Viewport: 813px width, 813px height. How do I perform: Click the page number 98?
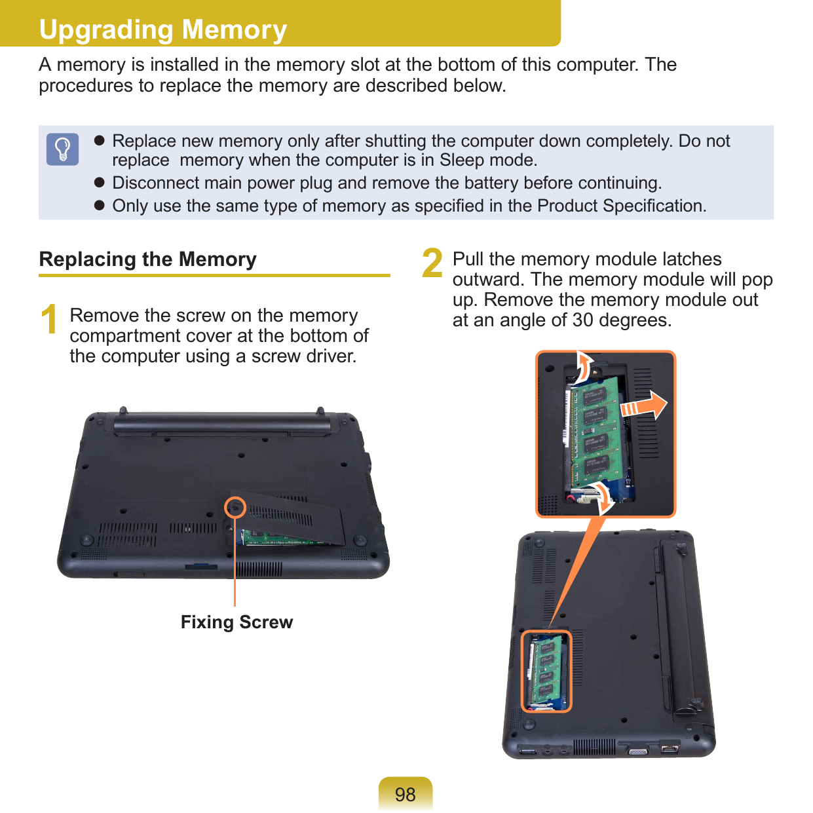point(406,794)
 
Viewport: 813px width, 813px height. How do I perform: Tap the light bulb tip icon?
point(63,149)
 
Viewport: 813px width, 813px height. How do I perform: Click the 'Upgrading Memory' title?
point(163,29)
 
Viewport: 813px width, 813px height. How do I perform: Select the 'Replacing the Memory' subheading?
point(148,259)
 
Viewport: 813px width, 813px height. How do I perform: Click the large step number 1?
point(49,320)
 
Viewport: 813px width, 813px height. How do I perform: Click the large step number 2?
point(432,263)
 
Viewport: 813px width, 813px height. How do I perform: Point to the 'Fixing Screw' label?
point(236,622)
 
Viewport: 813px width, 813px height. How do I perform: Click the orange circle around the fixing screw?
point(235,507)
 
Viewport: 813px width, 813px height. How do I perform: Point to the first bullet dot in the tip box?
point(100,141)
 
